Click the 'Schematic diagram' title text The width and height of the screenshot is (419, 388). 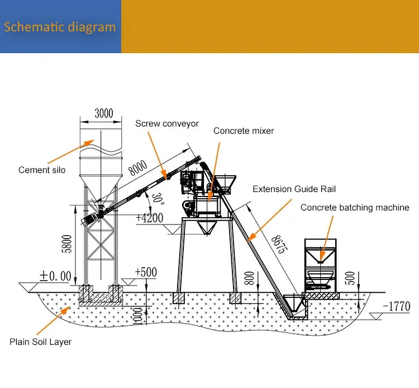click(60, 27)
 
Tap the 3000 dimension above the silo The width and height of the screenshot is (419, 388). click(103, 114)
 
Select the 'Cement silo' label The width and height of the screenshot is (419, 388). click(42, 170)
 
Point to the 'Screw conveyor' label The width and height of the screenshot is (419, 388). click(166, 124)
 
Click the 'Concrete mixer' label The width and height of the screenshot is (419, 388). click(244, 131)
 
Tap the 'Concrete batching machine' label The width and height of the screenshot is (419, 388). click(355, 207)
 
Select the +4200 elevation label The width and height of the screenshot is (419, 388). click(149, 217)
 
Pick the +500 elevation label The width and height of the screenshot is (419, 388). click(145, 272)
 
